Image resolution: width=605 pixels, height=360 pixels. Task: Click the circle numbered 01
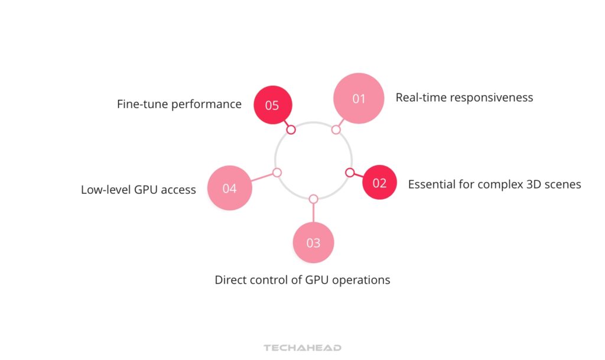359,98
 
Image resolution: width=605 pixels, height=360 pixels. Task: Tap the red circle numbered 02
379,182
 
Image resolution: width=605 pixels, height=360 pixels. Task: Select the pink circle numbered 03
313,242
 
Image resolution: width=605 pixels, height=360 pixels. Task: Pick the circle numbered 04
230,188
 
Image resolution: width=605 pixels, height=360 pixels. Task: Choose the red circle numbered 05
271,105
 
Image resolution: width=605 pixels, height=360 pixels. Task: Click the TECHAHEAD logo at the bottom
302,348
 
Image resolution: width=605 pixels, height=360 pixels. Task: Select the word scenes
562,184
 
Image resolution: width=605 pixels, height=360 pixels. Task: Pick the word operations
361,280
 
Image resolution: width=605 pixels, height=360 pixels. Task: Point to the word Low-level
106,190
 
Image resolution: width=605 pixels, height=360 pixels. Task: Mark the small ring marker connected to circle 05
291,129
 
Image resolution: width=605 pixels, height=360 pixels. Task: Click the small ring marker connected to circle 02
350,173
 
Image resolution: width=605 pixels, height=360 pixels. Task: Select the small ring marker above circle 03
313,199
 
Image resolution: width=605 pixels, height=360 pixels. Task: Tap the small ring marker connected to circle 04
277,173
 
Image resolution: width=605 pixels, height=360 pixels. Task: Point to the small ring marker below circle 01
336,129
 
